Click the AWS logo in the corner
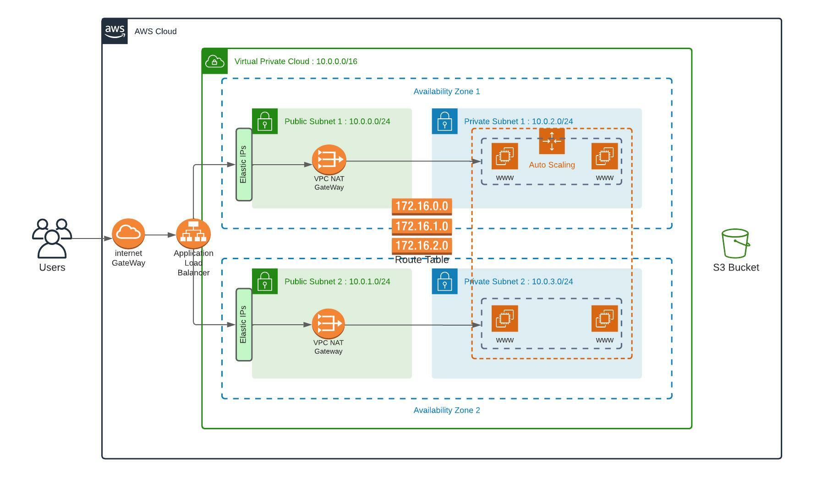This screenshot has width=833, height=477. (115, 31)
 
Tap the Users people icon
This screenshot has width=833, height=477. (52, 238)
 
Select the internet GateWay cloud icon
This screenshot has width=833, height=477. (128, 233)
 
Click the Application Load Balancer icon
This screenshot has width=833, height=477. (193, 234)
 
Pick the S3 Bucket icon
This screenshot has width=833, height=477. (735, 244)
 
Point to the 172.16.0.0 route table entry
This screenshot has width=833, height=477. (422, 206)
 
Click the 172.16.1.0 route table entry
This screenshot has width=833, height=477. (422, 226)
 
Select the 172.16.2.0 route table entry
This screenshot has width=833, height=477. (422, 246)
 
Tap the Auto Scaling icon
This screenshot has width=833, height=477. (552, 141)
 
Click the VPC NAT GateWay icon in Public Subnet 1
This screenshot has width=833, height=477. (329, 160)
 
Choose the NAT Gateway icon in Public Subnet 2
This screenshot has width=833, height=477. (329, 323)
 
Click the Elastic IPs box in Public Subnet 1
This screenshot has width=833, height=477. (244, 164)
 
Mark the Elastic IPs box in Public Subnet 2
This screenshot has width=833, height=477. (244, 324)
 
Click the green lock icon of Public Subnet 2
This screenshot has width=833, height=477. (265, 281)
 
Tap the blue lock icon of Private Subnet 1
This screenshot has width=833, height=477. (444, 121)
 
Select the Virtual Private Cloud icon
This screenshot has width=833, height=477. (214, 61)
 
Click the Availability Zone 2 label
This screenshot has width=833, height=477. (447, 410)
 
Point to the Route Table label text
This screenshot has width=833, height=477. (422, 260)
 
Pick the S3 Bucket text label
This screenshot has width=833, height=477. (736, 267)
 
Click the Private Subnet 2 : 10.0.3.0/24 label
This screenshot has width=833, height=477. (519, 282)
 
